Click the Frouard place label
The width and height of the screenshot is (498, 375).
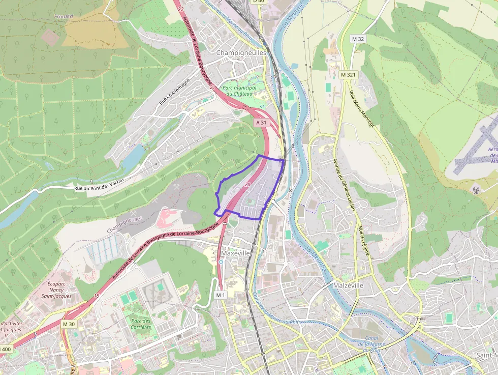click(x=64, y=16)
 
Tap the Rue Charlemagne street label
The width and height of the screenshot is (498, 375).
click(x=174, y=91)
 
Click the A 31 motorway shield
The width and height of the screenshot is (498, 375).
click(x=261, y=123)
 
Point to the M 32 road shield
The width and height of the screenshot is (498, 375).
click(x=358, y=39)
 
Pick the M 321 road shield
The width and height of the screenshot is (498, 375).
click(x=348, y=75)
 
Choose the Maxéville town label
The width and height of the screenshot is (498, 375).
click(x=236, y=252)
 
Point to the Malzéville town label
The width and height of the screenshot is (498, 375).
click(x=348, y=285)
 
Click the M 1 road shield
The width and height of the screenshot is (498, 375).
click(x=220, y=295)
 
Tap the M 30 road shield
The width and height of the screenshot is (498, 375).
click(x=69, y=324)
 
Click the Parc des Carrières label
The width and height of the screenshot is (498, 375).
click(x=141, y=324)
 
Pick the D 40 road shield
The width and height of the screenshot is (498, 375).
click(x=258, y=2)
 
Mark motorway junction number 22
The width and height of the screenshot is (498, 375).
click(x=181, y=9)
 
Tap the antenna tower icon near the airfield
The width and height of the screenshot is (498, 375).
click(x=476, y=190)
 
